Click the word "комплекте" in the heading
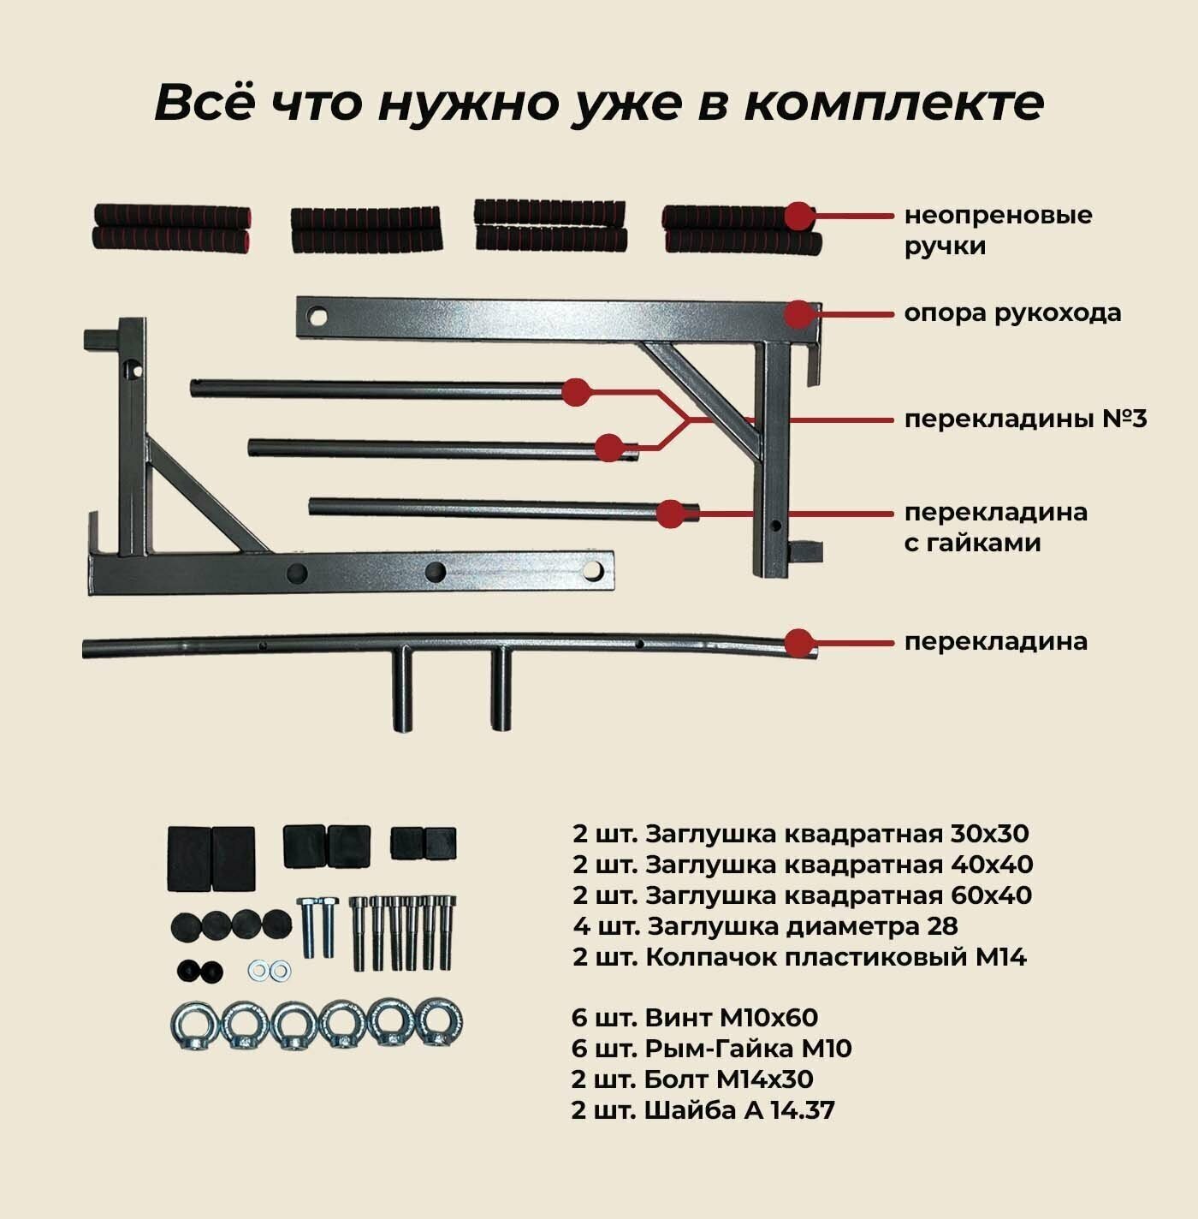893,104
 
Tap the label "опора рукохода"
1012,313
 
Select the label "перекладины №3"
1025,419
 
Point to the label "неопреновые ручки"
998,230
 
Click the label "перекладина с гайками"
995,527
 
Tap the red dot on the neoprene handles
799,216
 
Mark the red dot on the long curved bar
798,642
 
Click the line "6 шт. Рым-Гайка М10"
711,1049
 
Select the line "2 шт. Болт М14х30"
692,1079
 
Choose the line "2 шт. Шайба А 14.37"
703,1110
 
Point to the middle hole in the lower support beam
436,571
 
